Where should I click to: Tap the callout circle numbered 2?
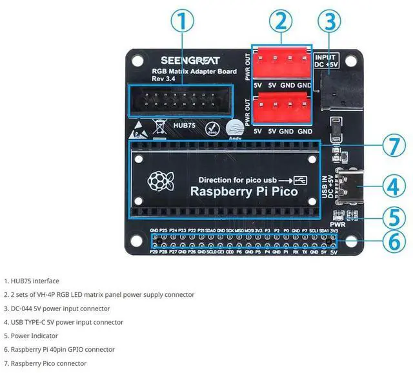pyautogui.click(x=279, y=21)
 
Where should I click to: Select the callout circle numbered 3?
pyautogui.click(x=329, y=21)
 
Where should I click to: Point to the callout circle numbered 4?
pyautogui.click(x=393, y=186)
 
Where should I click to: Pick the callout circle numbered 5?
pyautogui.click(x=393, y=217)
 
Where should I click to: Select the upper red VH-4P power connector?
pyautogui.click(x=281, y=65)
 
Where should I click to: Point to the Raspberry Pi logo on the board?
pyautogui.click(x=157, y=182)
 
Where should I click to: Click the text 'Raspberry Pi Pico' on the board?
pyautogui.click(x=243, y=192)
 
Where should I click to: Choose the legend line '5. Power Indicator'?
pyautogui.click(x=31, y=336)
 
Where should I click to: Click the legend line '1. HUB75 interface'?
pyautogui.click(x=32, y=281)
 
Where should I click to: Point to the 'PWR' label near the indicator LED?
pyautogui.click(x=337, y=224)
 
